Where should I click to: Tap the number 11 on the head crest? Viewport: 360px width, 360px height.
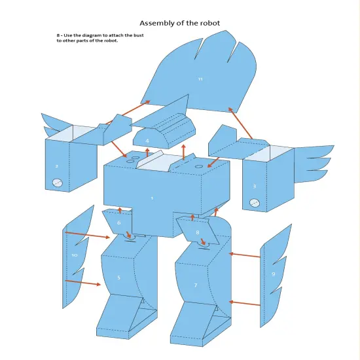pyautogui.click(x=200, y=79)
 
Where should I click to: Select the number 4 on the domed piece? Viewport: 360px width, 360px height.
pyautogui.click(x=147, y=141)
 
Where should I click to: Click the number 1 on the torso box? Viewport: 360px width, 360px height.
pyautogui.click(x=152, y=198)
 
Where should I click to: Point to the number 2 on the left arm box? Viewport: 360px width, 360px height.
pyautogui.click(x=56, y=166)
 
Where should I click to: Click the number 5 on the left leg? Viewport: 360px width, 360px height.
pyautogui.click(x=118, y=278)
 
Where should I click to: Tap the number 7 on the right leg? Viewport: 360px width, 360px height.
pyautogui.click(x=195, y=285)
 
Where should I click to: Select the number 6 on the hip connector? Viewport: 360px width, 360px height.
pyautogui.click(x=118, y=223)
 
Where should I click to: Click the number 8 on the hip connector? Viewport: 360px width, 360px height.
pyautogui.click(x=197, y=232)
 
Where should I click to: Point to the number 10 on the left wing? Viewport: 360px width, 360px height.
pyautogui.click(x=74, y=255)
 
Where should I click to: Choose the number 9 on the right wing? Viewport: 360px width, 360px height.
pyautogui.click(x=273, y=274)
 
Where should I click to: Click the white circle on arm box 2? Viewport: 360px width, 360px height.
pyautogui.click(x=57, y=184)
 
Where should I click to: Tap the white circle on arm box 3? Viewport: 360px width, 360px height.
pyautogui.click(x=255, y=204)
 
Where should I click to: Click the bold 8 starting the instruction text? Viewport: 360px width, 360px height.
pyautogui.click(x=58, y=35)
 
